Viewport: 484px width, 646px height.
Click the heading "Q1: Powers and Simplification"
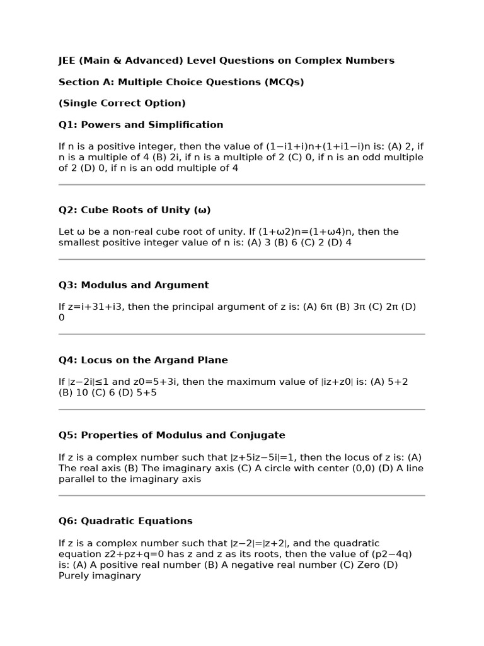point(141,125)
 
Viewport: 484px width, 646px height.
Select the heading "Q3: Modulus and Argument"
point(134,285)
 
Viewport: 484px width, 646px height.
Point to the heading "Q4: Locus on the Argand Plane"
point(143,360)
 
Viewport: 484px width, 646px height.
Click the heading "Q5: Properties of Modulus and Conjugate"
point(171,435)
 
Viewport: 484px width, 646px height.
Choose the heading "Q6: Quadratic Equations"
point(125,521)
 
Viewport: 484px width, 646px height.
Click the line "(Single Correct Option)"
point(122,103)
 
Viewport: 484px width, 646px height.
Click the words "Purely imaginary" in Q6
point(100,576)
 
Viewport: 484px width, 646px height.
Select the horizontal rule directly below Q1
point(241,185)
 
